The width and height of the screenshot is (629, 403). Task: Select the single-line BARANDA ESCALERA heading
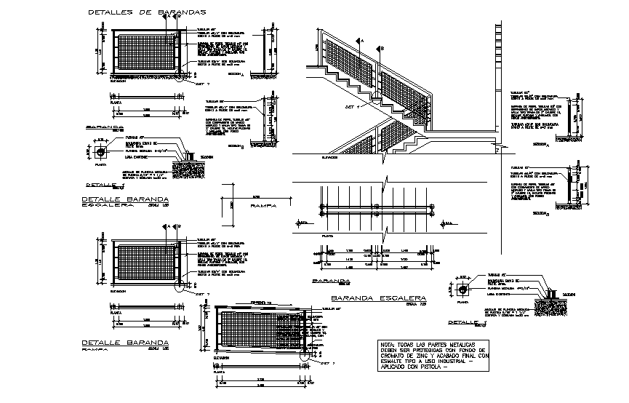pos(377,298)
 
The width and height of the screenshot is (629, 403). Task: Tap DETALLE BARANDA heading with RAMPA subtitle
pos(125,341)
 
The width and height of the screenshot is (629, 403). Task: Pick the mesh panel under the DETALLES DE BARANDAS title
pos(149,53)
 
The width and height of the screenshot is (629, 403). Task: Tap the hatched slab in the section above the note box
pos(549,302)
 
